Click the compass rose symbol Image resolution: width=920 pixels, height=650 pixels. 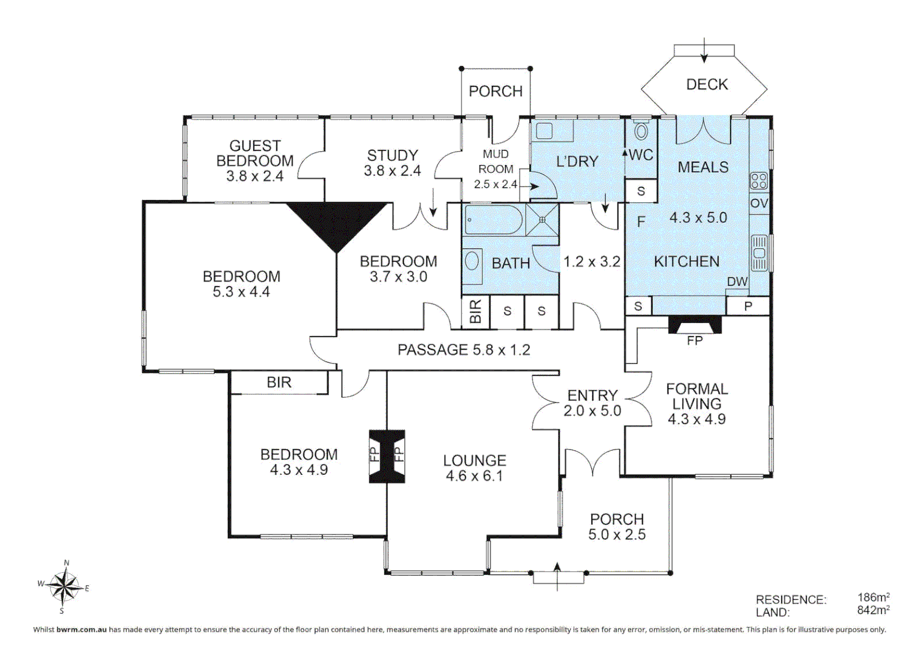coord(64,586)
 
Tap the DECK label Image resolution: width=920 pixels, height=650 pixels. coord(707,85)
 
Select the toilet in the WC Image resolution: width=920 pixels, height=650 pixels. coord(641,131)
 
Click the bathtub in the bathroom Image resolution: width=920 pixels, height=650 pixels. coord(493,220)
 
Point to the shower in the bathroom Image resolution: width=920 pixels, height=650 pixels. coord(542,220)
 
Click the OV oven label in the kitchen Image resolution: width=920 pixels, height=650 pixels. coord(759,203)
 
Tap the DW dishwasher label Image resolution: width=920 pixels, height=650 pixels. coord(737,282)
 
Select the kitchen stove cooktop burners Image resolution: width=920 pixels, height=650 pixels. coord(759,181)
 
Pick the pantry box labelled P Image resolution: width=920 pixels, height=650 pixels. coord(748,306)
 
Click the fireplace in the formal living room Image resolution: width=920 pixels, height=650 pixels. coord(695,326)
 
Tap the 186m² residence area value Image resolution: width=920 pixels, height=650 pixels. coord(873,598)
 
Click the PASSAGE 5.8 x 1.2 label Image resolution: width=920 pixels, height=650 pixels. coord(463,350)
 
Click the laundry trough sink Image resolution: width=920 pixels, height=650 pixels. coord(545,131)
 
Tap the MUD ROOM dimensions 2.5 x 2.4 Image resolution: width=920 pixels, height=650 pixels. coord(495,184)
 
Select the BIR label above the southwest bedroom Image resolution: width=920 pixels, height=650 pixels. coord(279,383)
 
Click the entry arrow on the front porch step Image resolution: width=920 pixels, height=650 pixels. coord(557,575)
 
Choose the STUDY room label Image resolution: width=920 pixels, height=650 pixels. coord(392,155)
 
